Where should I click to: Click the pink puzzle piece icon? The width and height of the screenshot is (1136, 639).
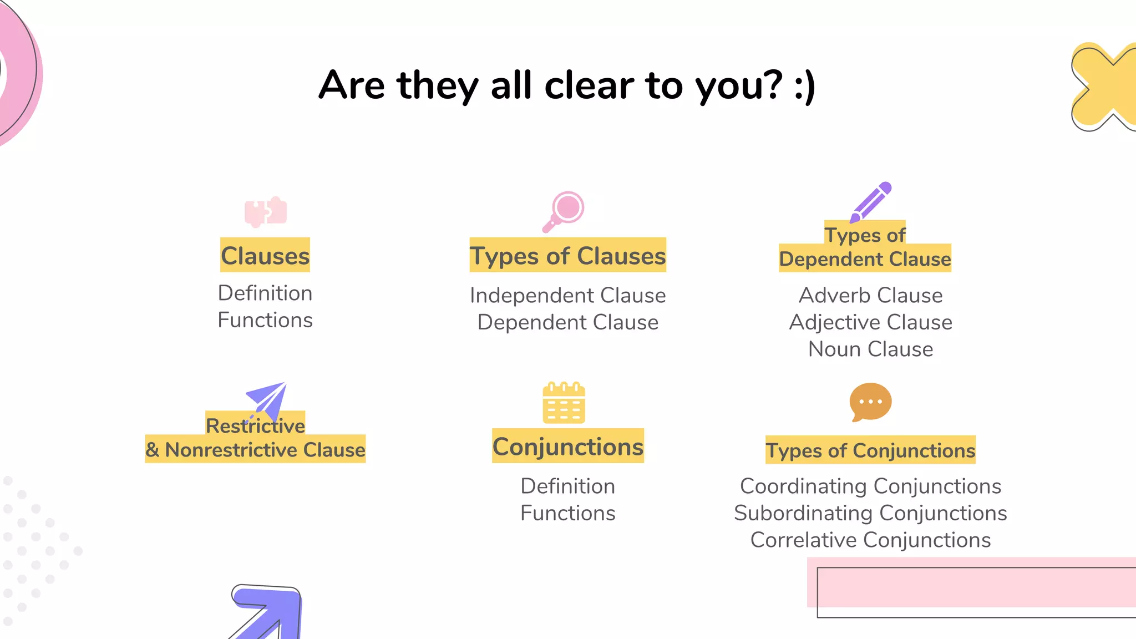coord(266,211)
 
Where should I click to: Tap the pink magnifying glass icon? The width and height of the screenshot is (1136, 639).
coord(564,211)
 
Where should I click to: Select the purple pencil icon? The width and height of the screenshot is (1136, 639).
coord(870,202)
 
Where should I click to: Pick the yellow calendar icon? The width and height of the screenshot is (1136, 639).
coord(564,403)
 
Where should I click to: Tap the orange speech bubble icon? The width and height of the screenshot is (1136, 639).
coord(870,402)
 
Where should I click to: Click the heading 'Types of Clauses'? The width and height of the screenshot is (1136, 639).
coord(567,256)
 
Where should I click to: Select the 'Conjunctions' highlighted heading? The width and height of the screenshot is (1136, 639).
coord(568,447)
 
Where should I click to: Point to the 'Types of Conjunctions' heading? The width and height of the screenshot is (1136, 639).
coord(870,450)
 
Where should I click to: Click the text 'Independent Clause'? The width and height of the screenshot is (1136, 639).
coord(567,295)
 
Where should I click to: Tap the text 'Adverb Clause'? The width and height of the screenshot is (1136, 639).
coord(870,295)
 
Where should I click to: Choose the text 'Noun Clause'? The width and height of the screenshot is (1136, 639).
coord(870,349)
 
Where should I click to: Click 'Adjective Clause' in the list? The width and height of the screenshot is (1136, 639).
coord(870,322)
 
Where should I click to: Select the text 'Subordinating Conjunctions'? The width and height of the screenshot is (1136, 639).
coord(870,513)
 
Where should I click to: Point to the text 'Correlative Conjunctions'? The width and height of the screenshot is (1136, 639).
coord(870,540)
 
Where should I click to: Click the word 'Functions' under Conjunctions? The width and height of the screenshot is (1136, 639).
coord(568,513)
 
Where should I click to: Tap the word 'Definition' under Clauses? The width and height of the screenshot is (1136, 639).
coord(265,293)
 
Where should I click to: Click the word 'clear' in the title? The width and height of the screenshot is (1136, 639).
coord(589,85)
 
